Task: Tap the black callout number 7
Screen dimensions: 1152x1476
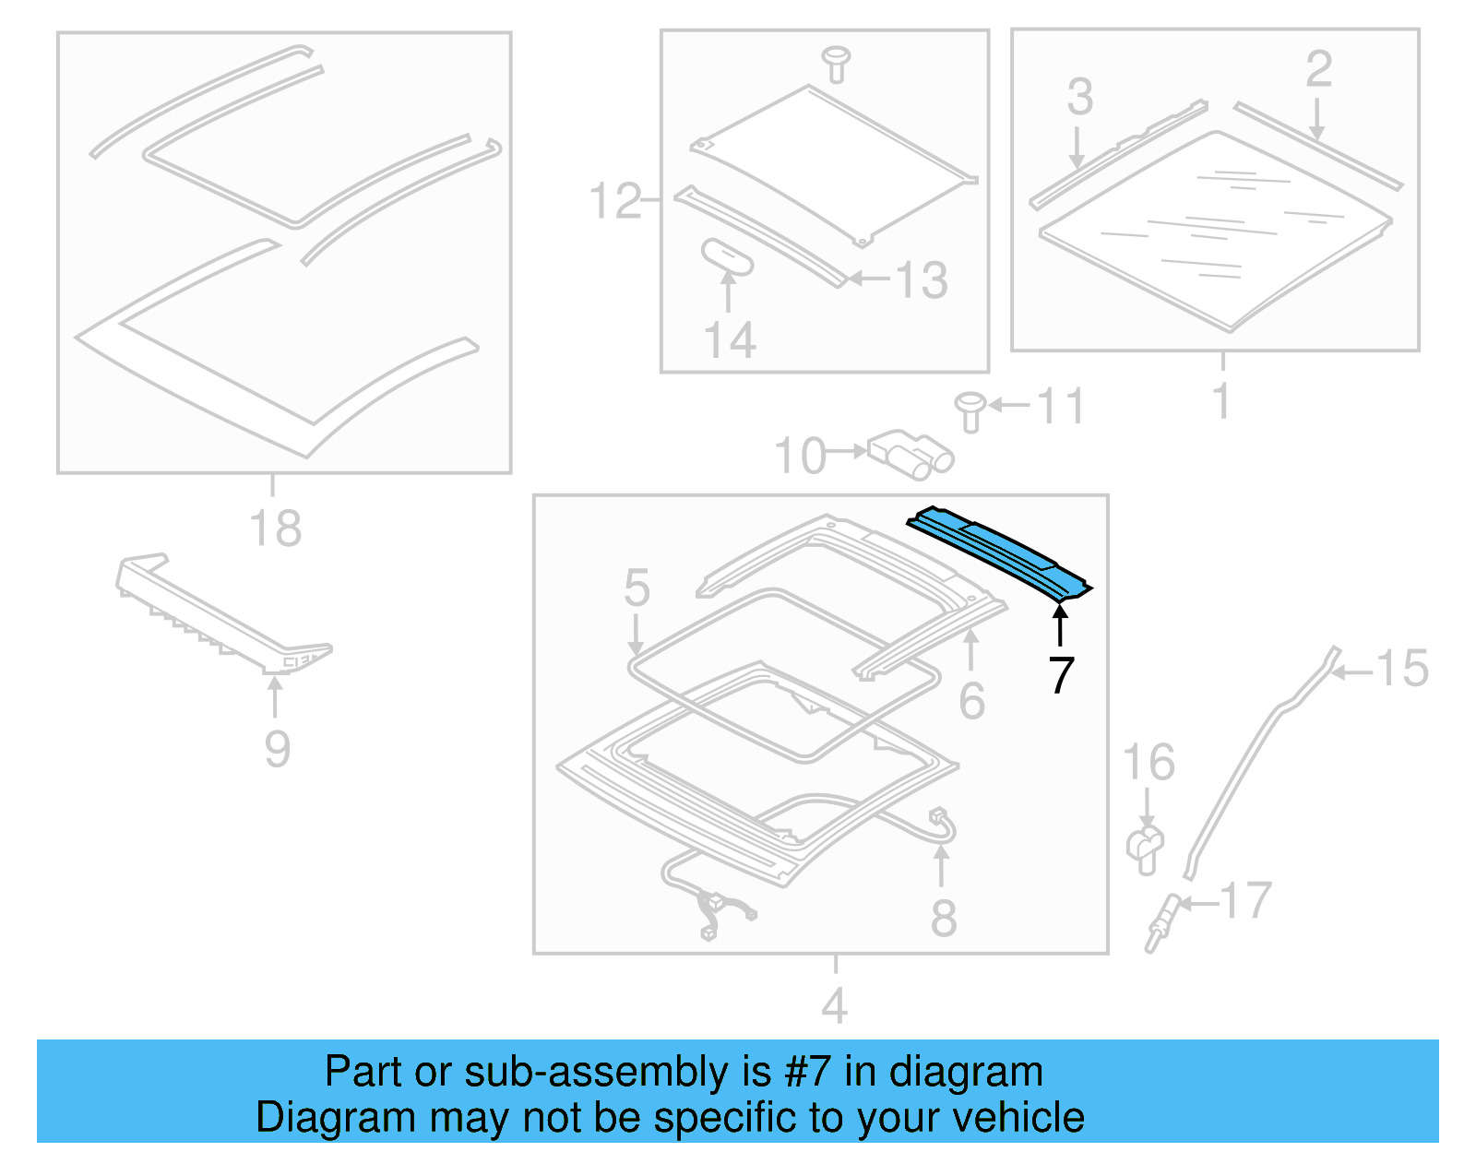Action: [1061, 675]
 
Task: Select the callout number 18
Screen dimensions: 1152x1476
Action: [275, 528]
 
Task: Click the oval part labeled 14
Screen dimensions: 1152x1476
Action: [728, 257]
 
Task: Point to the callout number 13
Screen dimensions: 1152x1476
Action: [922, 280]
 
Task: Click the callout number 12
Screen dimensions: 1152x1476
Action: [615, 201]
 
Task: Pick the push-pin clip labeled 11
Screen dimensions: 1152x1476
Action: [970, 411]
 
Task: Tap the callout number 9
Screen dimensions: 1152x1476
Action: [277, 748]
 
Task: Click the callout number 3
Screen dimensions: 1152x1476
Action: [1080, 97]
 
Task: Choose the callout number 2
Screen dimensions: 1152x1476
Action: [1318, 69]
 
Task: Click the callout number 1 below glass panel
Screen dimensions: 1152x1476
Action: [1221, 401]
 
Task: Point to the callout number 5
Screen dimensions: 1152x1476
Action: [637, 588]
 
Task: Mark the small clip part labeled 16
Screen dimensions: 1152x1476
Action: [1145, 849]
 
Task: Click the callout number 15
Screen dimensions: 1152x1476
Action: [1401, 668]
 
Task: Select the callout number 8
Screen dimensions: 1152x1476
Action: [943, 918]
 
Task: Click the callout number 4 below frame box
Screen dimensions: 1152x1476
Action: [834, 1005]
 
